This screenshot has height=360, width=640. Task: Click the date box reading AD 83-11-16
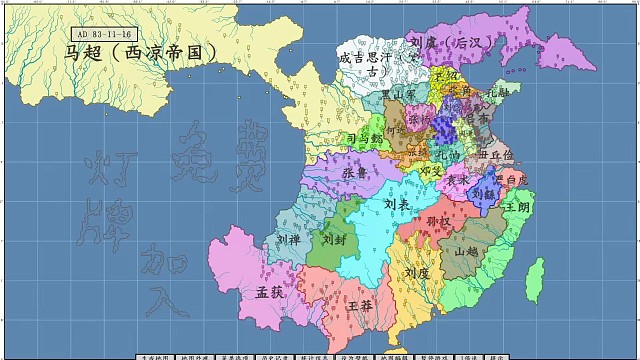pyautogui.click(x=99, y=35)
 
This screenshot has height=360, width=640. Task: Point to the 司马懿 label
pyautogui.click(x=362, y=138)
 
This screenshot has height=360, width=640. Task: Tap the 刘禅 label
pyautogui.click(x=288, y=240)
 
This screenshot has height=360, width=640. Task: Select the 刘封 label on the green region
pyautogui.click(x=332, y=240)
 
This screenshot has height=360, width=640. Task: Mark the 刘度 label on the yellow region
pyautogui.click(x=417, y=273)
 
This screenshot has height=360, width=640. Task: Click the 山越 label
pyautogui.click(x=468, y=252)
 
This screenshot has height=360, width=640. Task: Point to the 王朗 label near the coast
pyautogui.click(x=517, y=207)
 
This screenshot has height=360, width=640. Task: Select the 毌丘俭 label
pyautogui.click(x=496, y=155)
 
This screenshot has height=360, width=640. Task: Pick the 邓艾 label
pyautogui.click(x=432, y=171)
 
